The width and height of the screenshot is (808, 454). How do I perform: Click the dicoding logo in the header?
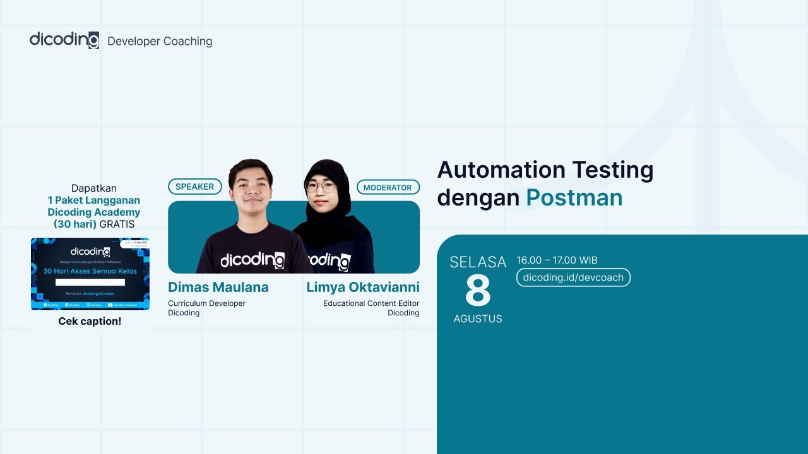click(x=64, y=40)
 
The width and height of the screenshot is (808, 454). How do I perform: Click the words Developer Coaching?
click(x=160, y=42)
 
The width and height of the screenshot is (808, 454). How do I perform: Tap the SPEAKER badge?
click(x=194, y=187)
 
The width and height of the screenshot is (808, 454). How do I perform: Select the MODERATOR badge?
click(x=388, y=187)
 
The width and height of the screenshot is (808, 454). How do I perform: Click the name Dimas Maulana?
click(x=218, y=288)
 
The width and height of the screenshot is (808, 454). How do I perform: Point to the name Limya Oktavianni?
click(x=363, y=288)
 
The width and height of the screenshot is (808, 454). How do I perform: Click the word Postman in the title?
click(x=574, y=197)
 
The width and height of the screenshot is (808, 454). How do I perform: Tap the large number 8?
click(x=478, y=291)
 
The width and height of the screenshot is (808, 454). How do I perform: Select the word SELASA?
click(x=478, y=262)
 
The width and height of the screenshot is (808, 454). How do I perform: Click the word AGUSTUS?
click(x=478, y=319)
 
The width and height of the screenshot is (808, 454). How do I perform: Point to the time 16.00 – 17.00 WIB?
click(x=557, y=260)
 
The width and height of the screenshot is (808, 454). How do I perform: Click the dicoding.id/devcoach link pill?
click(x=573, y=277)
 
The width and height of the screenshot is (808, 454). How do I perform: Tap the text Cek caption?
click(x=90, y=321)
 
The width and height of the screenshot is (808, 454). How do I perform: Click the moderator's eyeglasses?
click(x=320, y=186)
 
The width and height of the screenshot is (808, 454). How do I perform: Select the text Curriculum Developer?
click(x=206, y=303)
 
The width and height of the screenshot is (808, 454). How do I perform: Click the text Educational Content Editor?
click(x=371, y=303)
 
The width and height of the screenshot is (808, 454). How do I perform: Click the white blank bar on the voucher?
click(x=90, y=282)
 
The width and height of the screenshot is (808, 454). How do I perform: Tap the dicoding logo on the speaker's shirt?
click(x=252, y=260)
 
